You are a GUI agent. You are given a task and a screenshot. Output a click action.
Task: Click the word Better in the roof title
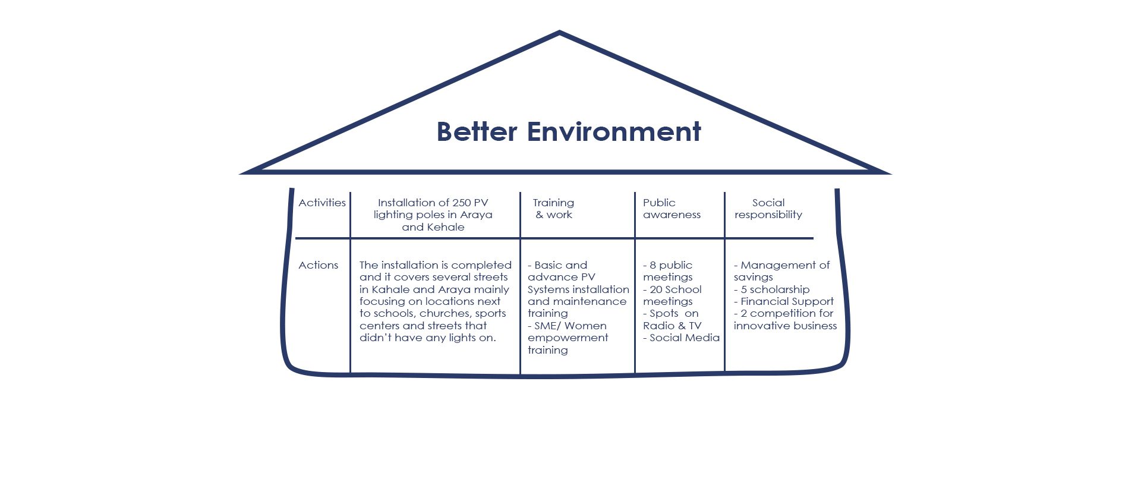(477, 132)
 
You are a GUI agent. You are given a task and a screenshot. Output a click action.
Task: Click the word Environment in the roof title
(614, 132)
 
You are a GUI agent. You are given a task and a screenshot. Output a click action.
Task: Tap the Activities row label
(322, 203)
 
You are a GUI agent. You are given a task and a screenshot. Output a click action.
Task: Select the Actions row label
(318, 265)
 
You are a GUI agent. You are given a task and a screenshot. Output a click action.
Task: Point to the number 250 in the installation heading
(462, 203)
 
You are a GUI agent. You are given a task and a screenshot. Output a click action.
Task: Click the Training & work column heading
(553, 209)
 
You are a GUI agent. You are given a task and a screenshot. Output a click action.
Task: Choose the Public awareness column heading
(672, 209)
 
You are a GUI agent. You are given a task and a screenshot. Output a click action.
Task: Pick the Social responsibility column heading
(768, 209)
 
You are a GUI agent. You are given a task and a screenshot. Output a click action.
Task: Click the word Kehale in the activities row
(446, 227)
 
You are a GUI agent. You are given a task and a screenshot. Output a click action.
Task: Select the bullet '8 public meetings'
(668, 271)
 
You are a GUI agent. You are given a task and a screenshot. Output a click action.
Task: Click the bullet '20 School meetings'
(672, 295)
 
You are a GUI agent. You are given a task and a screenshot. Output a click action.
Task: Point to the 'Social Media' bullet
(681, 338)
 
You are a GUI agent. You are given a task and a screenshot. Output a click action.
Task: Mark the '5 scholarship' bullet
(771, 289)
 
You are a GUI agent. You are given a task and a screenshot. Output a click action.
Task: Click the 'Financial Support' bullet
(784, 301)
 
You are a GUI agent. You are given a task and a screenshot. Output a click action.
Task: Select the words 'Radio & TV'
(672, 326)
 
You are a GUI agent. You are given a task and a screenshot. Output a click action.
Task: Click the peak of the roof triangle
(559, 32)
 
